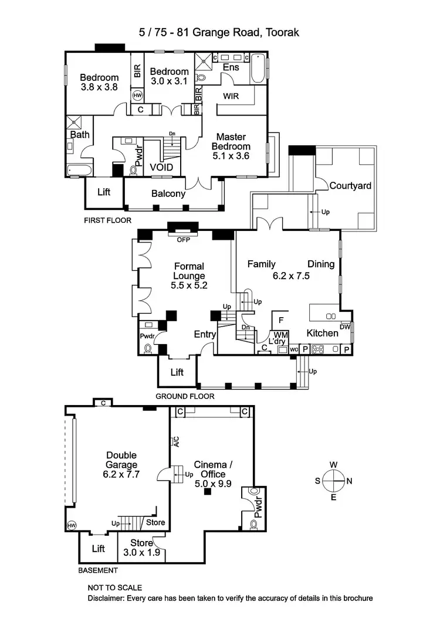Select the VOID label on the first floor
coord(161,167)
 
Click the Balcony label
coord(168,193)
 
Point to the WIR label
coord(231,96)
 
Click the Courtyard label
coord(350,186)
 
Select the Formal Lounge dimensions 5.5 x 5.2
coord(188,286)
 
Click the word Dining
coord(321,264)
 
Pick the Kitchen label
coord(322,333)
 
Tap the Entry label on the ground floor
coord(205,334)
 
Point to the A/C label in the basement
coord(174,441)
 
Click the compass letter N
coord(350,481)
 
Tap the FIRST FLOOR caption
coord(106,221)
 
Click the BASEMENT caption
coord(98,570)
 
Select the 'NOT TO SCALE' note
coord(114,587)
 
